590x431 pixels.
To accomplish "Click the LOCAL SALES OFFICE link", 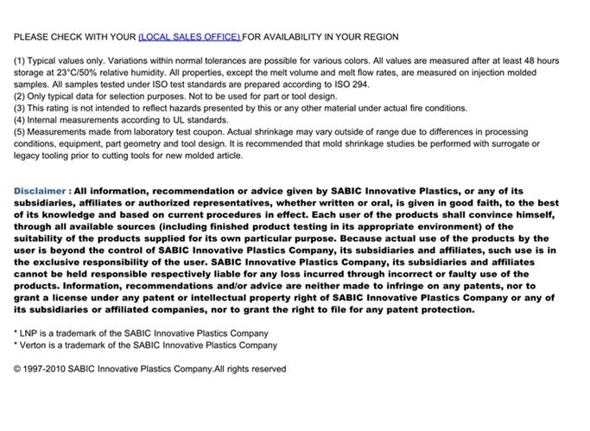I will [190, 37].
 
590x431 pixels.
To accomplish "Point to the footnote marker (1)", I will [20, 61].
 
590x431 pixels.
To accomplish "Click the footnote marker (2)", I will [20, 97].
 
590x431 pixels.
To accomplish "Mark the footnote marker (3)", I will [20, 109].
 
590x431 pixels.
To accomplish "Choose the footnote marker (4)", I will [20, 121].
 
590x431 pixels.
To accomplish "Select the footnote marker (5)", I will [20, 133].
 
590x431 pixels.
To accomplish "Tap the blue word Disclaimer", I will [39, 191].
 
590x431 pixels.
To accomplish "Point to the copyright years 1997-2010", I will [49, 369].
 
